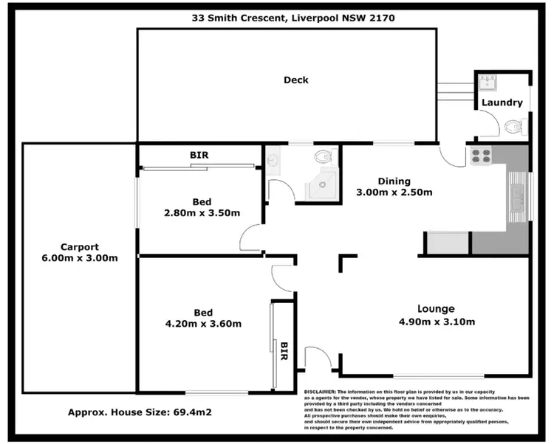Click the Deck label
295,80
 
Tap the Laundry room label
502,103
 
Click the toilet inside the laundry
515,128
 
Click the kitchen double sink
516,197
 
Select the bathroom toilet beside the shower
323,156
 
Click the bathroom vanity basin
273,160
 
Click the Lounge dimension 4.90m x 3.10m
436,322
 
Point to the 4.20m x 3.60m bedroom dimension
203,323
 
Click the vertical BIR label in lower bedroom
284,351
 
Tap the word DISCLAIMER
320,392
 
